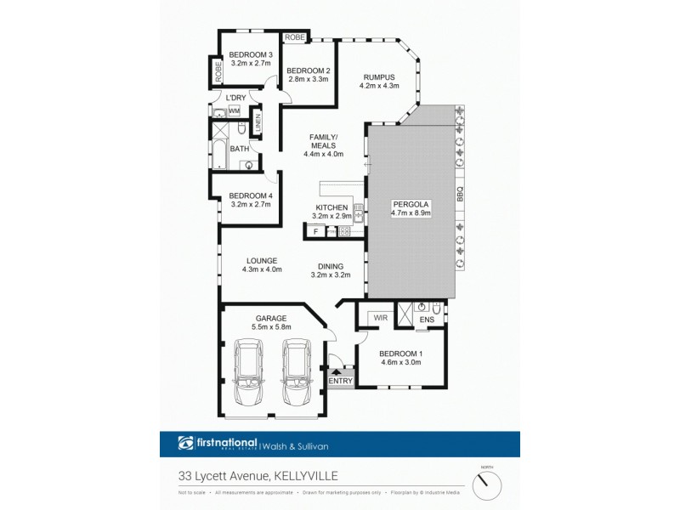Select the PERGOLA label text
click(x=411, y=203)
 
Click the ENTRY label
click(x=340, y=381)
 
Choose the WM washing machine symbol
click(x=234, y=110)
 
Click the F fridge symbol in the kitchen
click(x=315, y=231)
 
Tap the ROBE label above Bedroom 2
click(x=295, y=37)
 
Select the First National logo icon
click(x=186, y=442)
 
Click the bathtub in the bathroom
click(x=218, y=153)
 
